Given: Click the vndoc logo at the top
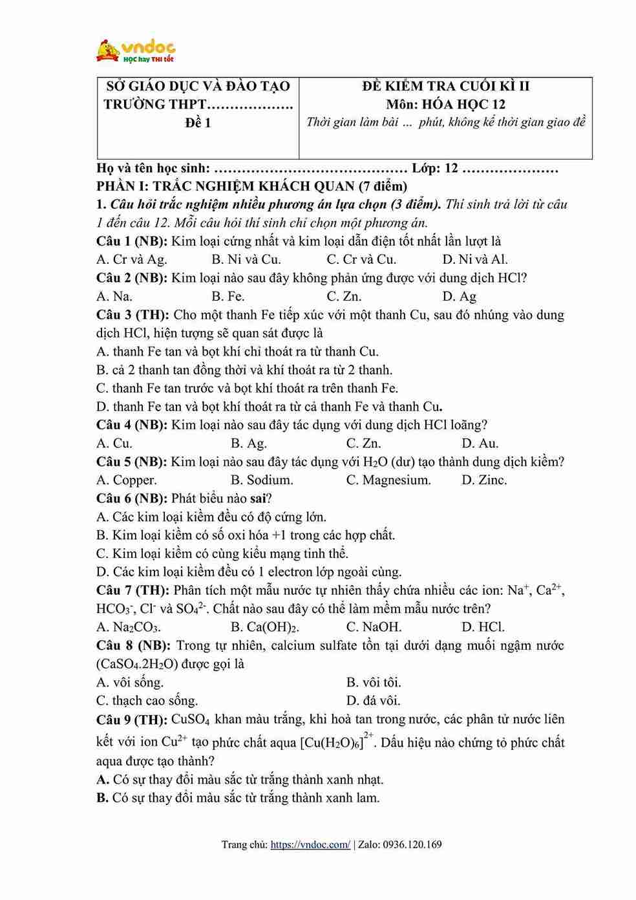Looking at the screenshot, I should click(x=135, y=50).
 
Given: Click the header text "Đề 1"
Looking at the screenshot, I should click(x=198, y=123).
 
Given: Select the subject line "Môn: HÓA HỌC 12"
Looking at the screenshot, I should click(x=445, y=104).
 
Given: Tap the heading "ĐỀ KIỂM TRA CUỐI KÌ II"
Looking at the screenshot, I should click(x=445, y=86).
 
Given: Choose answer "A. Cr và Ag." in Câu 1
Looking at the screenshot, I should click(x=132, y=260).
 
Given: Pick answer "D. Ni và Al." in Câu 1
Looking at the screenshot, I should click(x=475, y=260).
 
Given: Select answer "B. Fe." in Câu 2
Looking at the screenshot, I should click(x=228, y=297).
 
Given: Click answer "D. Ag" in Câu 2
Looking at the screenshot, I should click(x=460, y=297).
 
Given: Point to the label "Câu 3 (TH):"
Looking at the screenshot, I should click(x=132, y=315).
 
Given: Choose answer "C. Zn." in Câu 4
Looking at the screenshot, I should click(x=364, y=444).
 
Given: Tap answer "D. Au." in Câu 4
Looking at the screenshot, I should click(x=480, y=444).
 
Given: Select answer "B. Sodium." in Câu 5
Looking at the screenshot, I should click(x=262, y=480).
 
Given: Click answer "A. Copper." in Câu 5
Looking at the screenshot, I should click(x=127, y=480).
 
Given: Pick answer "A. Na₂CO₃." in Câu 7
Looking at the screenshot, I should click(x=129, y=627).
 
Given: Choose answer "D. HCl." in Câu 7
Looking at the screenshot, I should click(x=483, y=627).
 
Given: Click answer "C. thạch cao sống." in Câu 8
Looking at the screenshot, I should click(x=147, y=701).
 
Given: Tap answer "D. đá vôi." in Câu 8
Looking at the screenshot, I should click(x=374, y=701).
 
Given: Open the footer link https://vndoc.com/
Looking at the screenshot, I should click(x=310, y=844).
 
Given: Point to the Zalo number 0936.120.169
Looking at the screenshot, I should click(x=412, y=844).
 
